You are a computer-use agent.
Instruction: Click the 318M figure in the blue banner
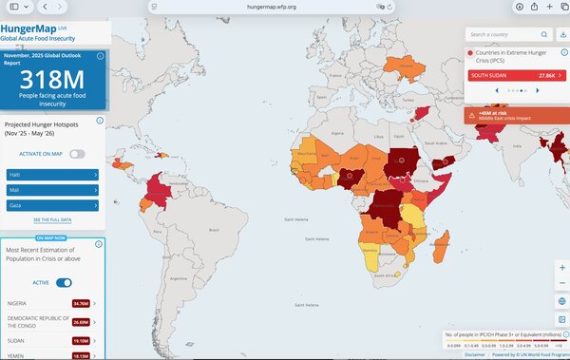[x=53, y=82]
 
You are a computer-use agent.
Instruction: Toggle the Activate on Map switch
[x=77, y=154]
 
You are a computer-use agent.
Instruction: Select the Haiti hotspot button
[x=53, y=176]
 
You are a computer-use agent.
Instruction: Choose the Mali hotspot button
[x=53, y=189]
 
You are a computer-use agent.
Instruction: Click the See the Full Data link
[x=53, y=219]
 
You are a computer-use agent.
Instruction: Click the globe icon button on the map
[x=562, y=301]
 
